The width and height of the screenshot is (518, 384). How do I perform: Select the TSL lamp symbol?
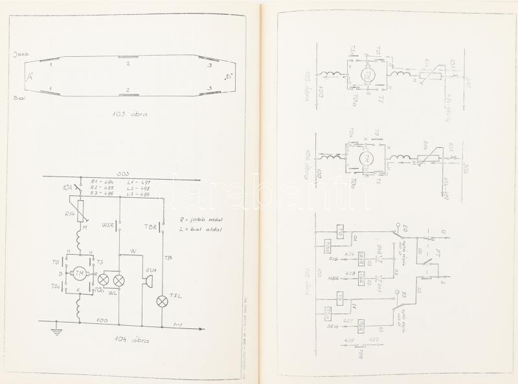162,299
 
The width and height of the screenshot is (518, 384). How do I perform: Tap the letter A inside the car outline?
29,78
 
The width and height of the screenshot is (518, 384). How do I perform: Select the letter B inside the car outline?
228,78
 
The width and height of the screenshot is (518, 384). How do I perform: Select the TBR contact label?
150,226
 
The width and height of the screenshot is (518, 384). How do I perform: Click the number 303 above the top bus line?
122,173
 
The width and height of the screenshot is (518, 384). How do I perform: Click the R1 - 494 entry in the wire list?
103,182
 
